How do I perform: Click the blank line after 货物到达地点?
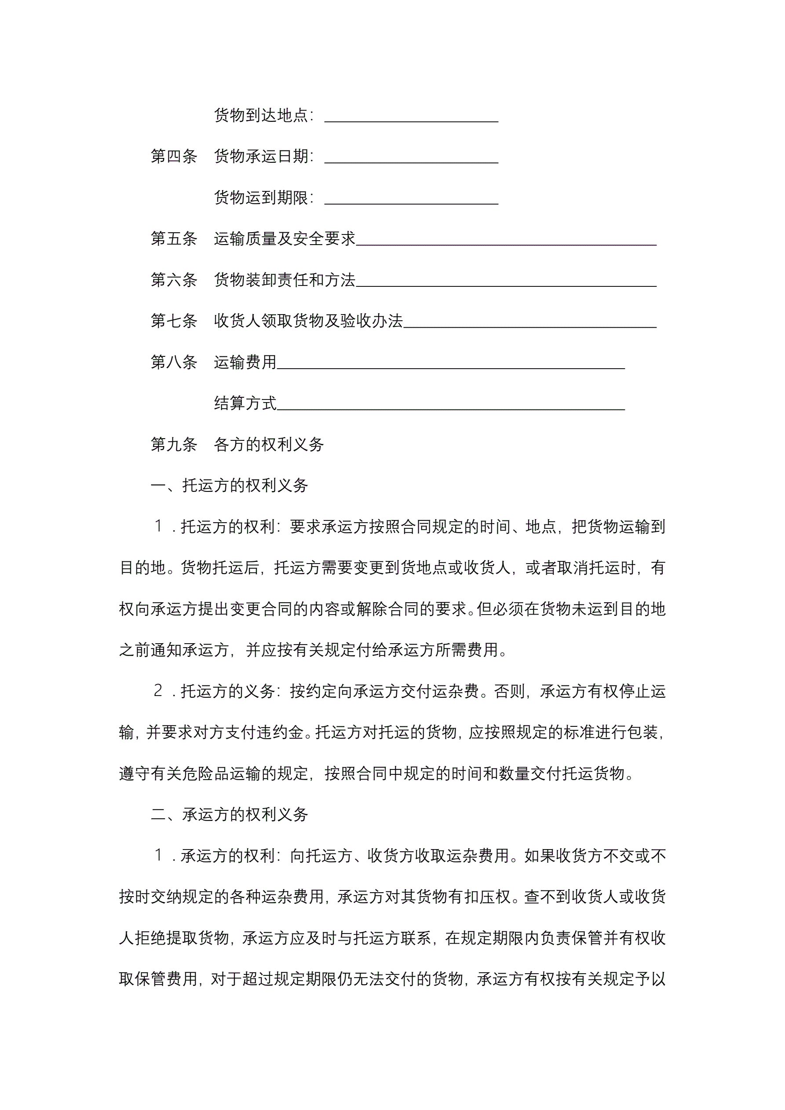point(411,118)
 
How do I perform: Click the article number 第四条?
point(174,156)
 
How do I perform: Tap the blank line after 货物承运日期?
point(411,160)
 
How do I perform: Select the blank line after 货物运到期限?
point(411,201)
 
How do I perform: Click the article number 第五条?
point(174,238)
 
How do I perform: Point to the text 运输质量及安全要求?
point(284,238)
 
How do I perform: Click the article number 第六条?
point(174,279)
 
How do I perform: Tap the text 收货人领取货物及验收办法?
point(308,321)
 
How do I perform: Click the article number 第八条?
point(174,362)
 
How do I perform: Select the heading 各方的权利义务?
point(269,444)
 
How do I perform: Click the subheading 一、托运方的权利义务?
point(229,485)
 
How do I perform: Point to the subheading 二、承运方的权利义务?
point(229,815)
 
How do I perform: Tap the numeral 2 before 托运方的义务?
point(158,691)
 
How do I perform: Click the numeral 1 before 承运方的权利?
point(158,856)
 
